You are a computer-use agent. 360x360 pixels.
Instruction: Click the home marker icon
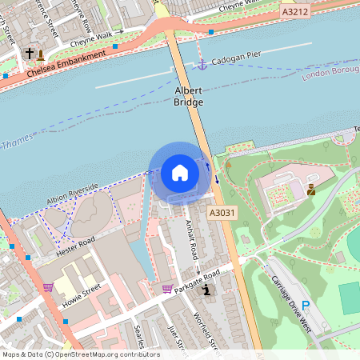[180, 173]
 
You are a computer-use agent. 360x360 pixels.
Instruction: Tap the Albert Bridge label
[189, 97]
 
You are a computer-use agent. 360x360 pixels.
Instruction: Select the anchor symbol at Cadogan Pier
[202, 63]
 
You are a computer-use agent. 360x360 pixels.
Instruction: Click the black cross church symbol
[30, 54]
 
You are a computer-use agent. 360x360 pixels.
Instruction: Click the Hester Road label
[75, 246]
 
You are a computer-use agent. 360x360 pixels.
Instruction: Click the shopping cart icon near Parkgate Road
[167, 288]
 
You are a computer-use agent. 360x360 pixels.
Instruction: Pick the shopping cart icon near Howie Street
[48, 286]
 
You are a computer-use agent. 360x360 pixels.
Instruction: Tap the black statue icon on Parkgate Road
[208, 290]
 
